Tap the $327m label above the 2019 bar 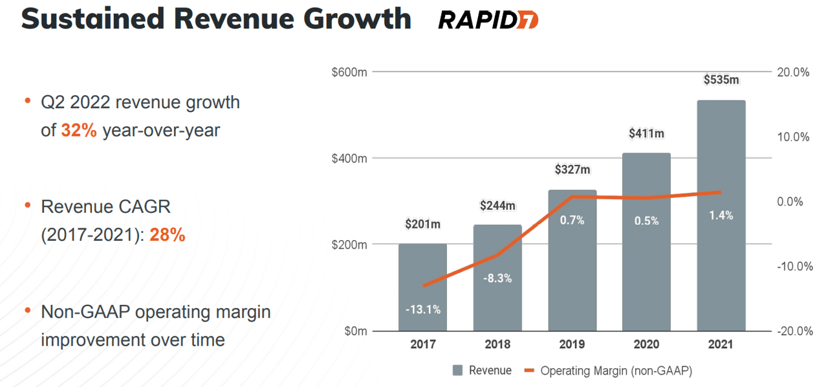pyautogui.click(x=572, y=170)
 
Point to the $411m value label pyautogui.click(x=646, y=133)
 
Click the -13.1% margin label pyautogui.click(x=422, y=309)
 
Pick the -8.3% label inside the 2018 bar pyautogui.click(x=497, y=278)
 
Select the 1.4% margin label pyautogui.click(x=721, y=216)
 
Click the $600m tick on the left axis pyautogui.click(x=349, y=72)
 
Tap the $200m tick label pyautogui.click(x=349, y=245)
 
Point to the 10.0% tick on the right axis pyautogui.click(x=792, y=137)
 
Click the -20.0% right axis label pyautogui.click(x=792, y=331)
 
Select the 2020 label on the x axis pyautogui.click(x=646, y=344)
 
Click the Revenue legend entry pyautogui.click(x=482, y=371)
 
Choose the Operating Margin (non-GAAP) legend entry pyautogui.click(x=608, y=371)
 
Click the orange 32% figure pyautogui.click(x=79, y=131)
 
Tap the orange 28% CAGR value pyautogui.click(x=168, y=236)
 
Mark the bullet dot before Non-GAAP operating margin pyautogui.click(x=28, y=311)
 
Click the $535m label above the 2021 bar pyautogui.click(x=721, y=80)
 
